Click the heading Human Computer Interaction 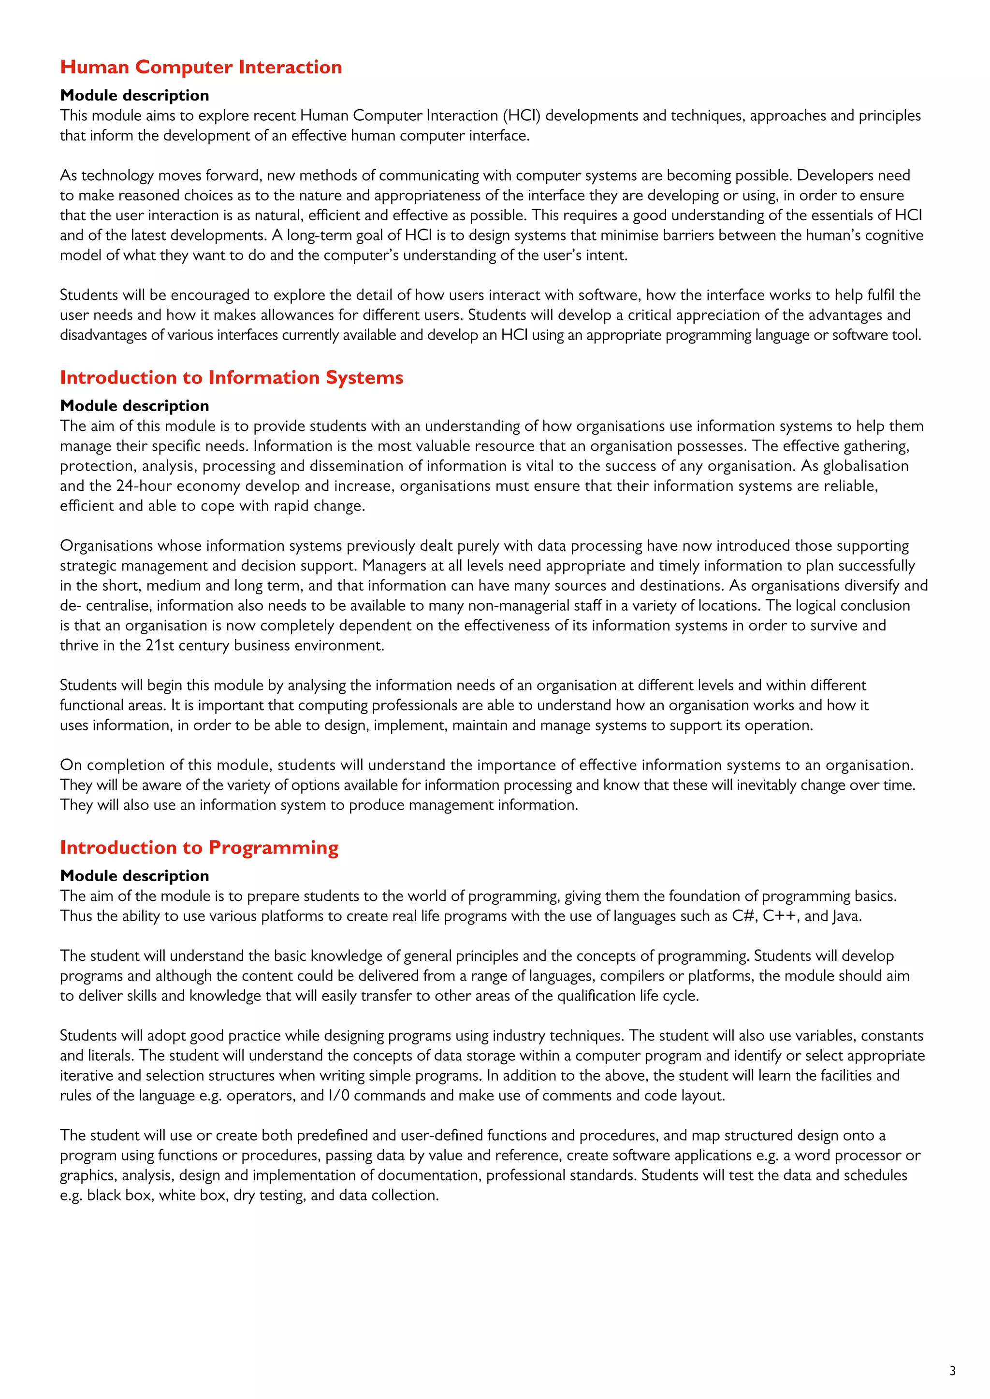pyautogui.click(x=201, y=67)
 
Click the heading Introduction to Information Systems pyautogui.click(x=231, y=377)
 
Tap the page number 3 pyautogui.click(x=952, y=1371)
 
